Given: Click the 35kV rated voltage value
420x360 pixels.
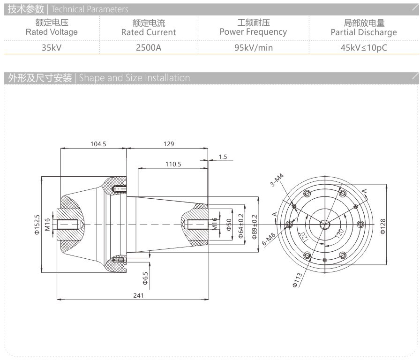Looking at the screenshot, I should click(x=52, y=47).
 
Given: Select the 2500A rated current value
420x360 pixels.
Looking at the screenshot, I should click(x=148, y=47).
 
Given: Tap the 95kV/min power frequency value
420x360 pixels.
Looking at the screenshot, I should click(x=253, y=47).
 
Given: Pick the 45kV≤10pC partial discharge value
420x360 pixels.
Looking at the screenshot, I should click(x=363, y=47).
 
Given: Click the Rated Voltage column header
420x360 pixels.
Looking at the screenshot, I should click(x=52, y=32).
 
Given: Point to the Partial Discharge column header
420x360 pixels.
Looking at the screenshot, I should click(x=363, y=32).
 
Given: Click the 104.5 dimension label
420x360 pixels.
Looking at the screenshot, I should click(x=98, y=144).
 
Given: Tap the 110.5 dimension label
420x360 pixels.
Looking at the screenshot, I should click(x=173, y=164).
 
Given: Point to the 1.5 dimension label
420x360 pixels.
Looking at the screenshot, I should click(x=223, y=157).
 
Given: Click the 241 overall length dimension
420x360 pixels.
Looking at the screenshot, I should click(x=138, y=295).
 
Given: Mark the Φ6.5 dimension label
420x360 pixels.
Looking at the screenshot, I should click(x=145, y=280).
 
